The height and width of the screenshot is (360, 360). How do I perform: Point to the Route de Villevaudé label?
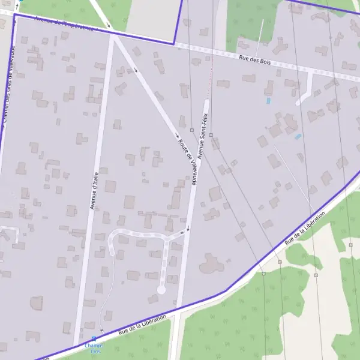pyautogui.click(x=187, y=160)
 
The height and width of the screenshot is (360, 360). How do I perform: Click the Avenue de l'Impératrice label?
pyautogui.click(x=64, y=24)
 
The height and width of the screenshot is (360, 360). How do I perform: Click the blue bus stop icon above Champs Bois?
pyautogui.click(x=93, y=339)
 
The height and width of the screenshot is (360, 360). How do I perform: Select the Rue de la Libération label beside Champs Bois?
pyautogui.click(x=140, y=324)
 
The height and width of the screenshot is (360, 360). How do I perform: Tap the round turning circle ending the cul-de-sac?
pyautogui.click(x=161, y=290)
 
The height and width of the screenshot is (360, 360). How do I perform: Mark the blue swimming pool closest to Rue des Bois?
pyautogui.click(x=268, y=101)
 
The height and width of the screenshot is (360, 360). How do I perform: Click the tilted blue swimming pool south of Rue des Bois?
pyautogui.click(x=298, y=137)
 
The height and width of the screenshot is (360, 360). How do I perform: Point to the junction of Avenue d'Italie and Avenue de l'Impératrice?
pyautogui.click(x=112, y=34)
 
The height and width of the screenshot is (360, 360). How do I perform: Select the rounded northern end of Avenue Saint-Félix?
pyautogui.click(x=206, y=103)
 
